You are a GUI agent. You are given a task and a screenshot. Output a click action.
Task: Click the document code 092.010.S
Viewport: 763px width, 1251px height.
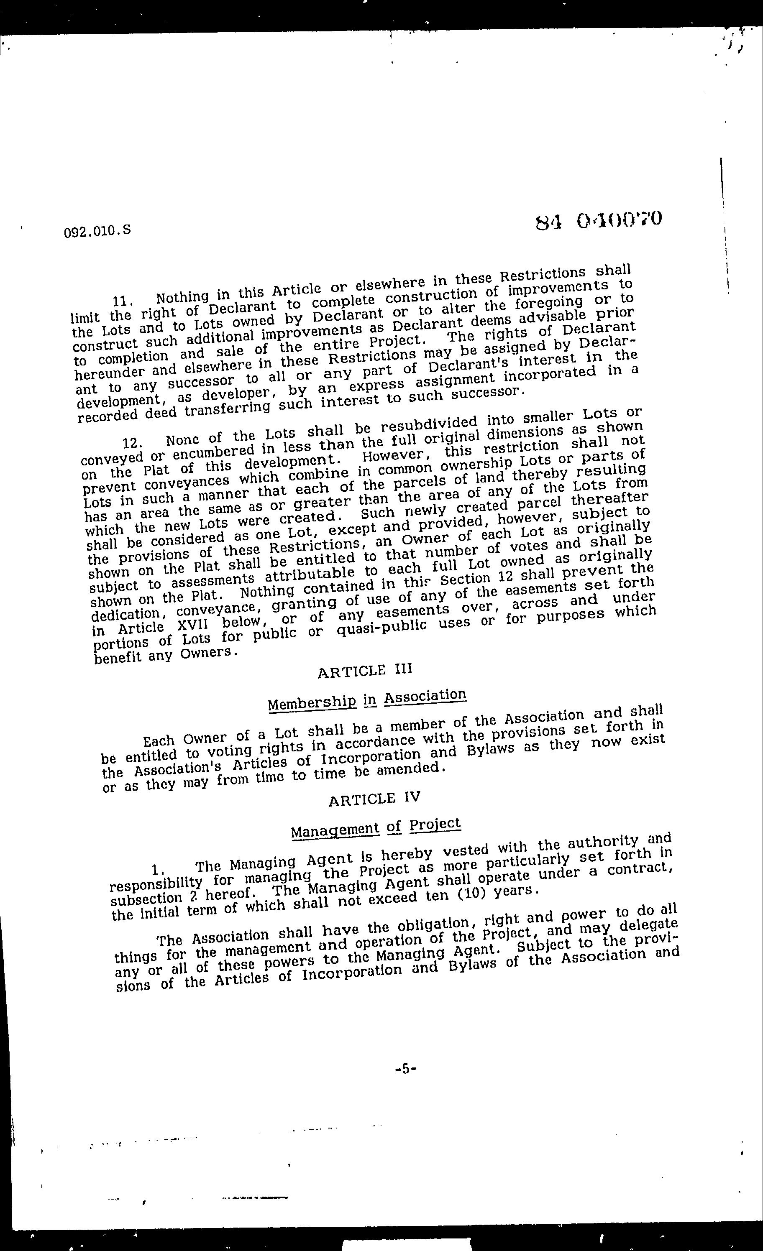(98, 231)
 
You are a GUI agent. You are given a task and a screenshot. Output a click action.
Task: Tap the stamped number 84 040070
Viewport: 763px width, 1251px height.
(599, 221)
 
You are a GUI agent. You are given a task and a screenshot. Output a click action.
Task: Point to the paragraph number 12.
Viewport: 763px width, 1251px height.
(133, 443)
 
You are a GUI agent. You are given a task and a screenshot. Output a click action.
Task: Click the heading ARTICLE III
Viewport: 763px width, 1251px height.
(365, 671)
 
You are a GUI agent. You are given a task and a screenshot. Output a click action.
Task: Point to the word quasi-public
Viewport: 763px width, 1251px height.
(381, 628)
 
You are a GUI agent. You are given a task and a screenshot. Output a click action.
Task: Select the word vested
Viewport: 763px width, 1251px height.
(466, 850)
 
